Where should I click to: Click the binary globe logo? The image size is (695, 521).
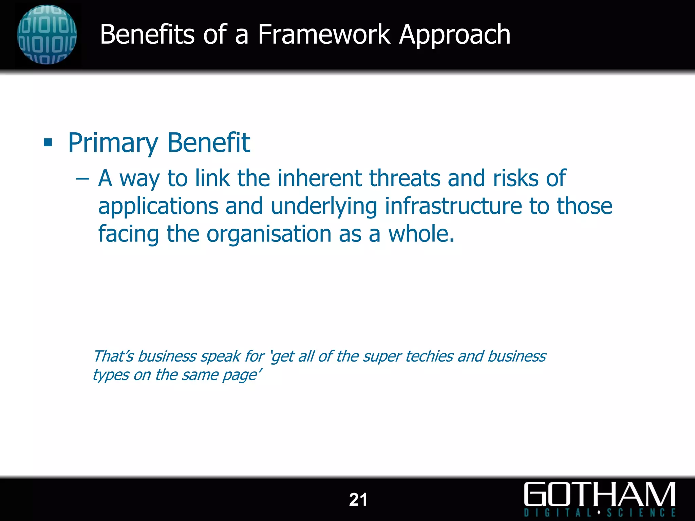pyautogui.click(x=47, y=35)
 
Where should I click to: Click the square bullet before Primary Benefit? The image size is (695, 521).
pyautogui.click(x=48, y=142)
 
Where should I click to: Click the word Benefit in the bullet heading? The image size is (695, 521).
pyautogui.click(x=209, y=142)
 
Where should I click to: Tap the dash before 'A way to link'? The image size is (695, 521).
pyautogui.click(x=82, y=178)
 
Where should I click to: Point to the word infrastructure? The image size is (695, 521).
pyautogui.click(x=453, y=206)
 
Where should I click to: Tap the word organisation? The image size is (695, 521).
pyautogui.click(x=269, y=234)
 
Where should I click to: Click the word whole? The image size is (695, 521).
pyautogui.click(x=421, y=234)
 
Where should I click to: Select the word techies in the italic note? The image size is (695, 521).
pyautogui.click(x=429, y=356)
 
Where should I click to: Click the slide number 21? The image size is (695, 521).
pyautogui.click(x=358, y=500)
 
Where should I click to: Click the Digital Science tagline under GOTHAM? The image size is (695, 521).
pyautogui.click(x=599, y=512)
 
